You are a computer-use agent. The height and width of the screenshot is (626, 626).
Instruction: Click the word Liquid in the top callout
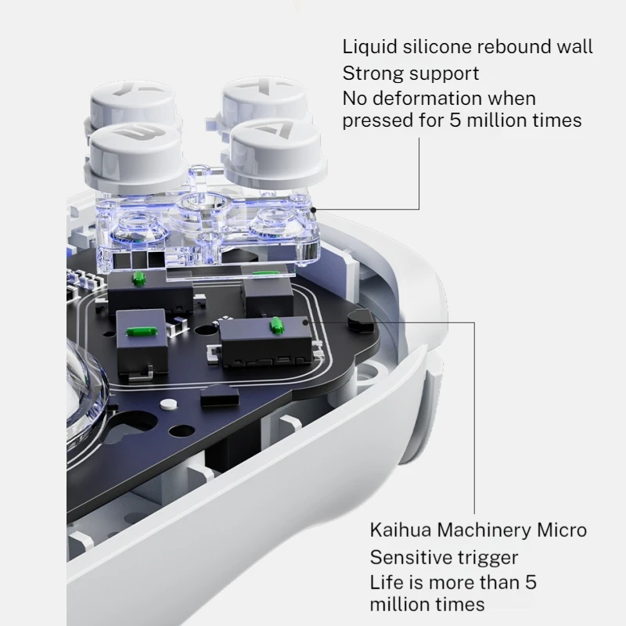[369, 47]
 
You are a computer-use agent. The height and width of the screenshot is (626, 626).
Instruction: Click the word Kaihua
[401, 531]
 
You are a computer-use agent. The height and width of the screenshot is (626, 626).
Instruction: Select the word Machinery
[484, 531]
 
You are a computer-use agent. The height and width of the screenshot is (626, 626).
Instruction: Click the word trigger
[487, 558]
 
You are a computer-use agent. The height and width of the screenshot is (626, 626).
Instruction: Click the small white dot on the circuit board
[168, 405]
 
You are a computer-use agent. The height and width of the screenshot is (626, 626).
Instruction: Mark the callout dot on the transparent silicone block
[314, 210]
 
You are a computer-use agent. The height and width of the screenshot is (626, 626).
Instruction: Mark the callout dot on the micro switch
[306, 321]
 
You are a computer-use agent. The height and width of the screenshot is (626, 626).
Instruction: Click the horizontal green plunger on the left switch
[142, 331]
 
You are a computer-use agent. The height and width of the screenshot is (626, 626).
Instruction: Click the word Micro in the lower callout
[562, 531]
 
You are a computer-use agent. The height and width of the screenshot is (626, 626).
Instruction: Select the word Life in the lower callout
[384, 582]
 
